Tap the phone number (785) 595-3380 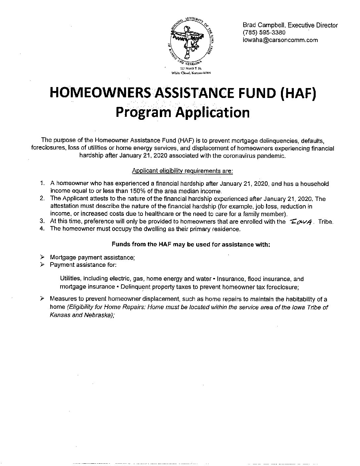click(x=264, y=33)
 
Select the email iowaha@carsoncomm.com click(x=280, y=40)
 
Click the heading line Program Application click(x=183, y=112)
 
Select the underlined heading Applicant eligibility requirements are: click(x=182, y=171)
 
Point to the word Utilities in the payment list click(x=70, y=279)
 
